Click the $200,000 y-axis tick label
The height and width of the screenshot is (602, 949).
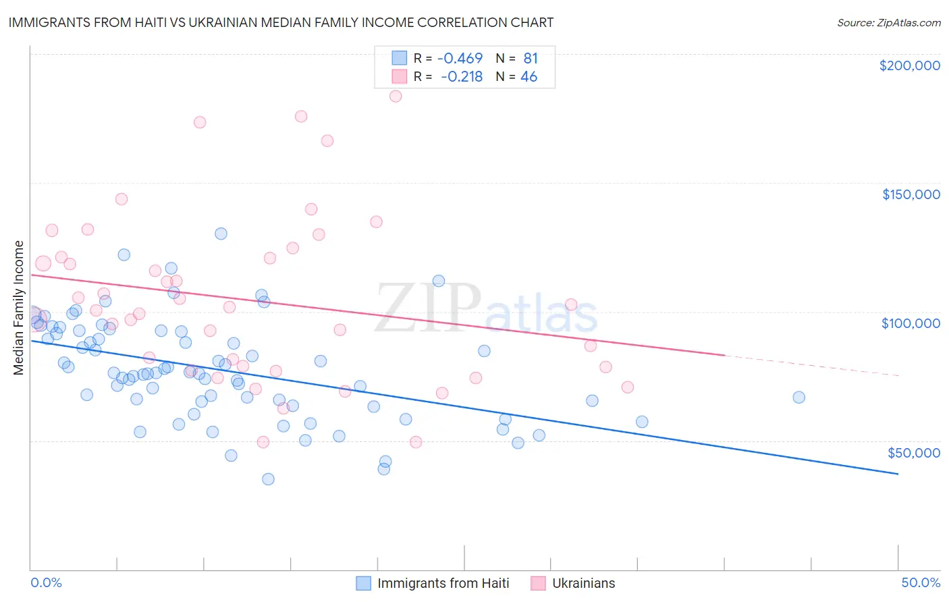click(x=909, y=65)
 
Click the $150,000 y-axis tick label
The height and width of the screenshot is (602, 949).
click(x=911, y=194)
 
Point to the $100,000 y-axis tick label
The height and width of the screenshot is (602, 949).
click(x=911, y=323)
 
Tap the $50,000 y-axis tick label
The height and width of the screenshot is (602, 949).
click(x=913, y=452)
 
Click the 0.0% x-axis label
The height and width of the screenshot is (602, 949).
click(x=46, y=582)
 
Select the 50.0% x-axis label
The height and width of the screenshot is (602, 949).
click(x=921, y=582)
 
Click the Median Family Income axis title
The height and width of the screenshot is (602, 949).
click(x=18, y=308)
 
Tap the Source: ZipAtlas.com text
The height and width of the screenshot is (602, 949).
click(x=888, y=22)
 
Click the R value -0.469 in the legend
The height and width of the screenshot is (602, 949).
click(x=460, y=59)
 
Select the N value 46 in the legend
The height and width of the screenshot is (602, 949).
click(x=528, y=77)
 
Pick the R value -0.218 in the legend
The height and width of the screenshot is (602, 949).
click(x=462, y=77)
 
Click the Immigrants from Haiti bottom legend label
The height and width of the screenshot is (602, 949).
click(x=443, y=583)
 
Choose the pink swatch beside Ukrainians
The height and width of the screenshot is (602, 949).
click(x=538, y=583)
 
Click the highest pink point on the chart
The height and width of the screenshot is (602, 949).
click(x=396, y=96)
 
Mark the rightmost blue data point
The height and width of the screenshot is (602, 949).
click(x=798, y=398)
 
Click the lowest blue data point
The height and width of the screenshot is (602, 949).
click(x=268, y=479)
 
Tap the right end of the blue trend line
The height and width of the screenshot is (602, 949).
click(x=898, y=474)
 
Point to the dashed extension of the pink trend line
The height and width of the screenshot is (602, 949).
click(x=810, y=365)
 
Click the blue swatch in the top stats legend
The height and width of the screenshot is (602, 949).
click(x=400, y=59)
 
